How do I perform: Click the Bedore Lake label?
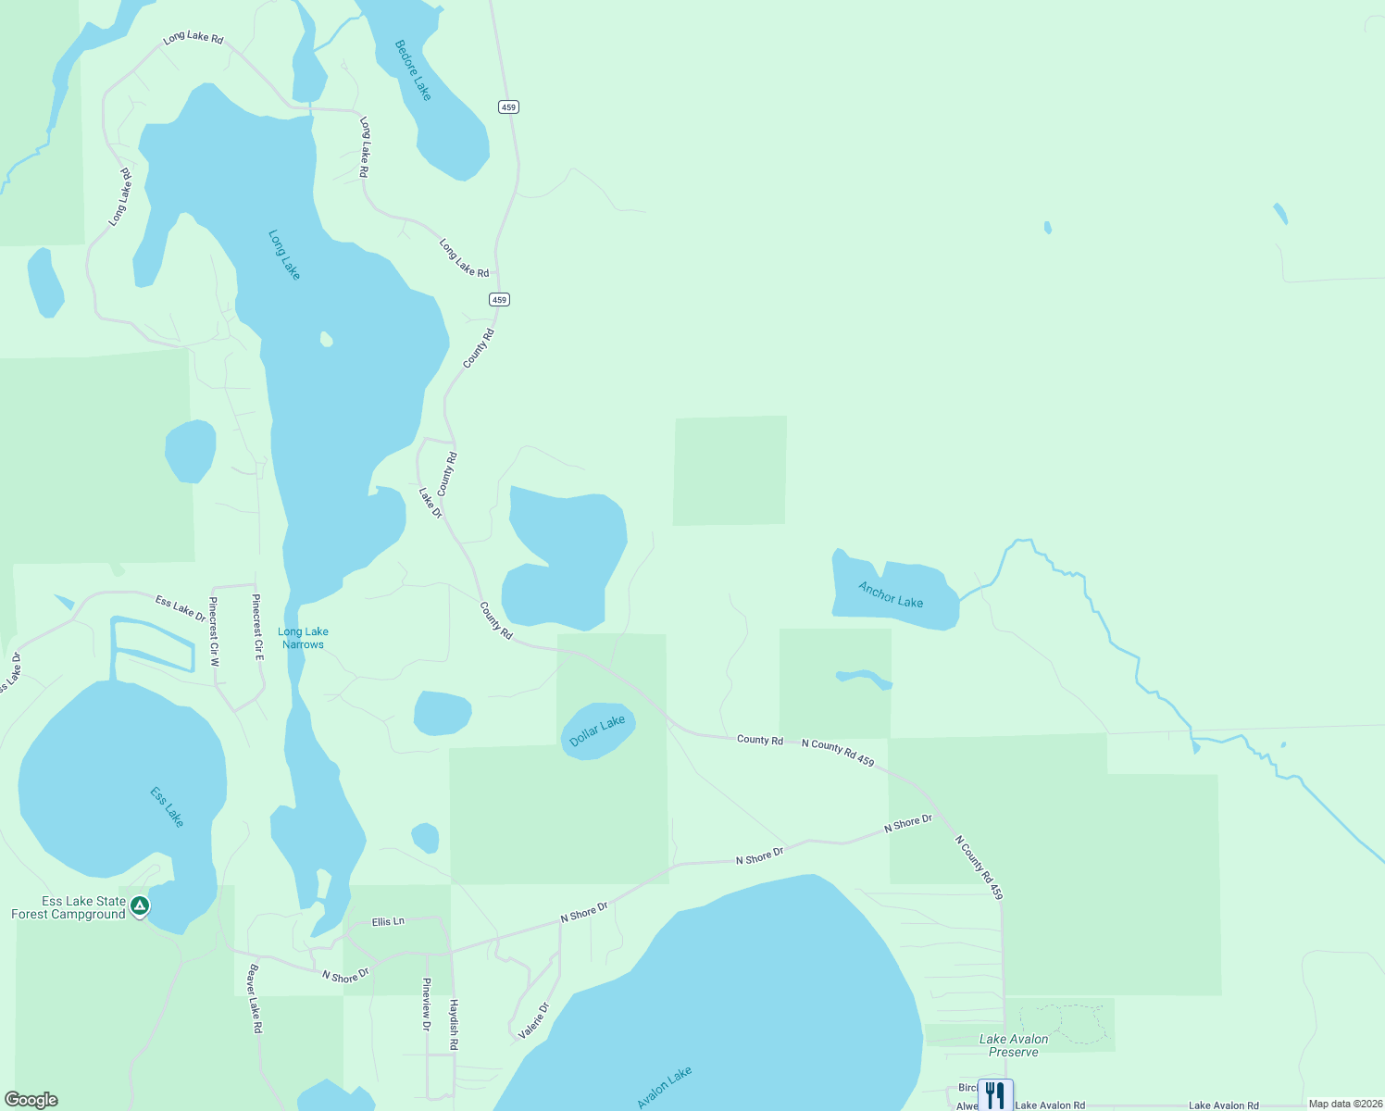[413, 70]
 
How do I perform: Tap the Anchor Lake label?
[891, 594]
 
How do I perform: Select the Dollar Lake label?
[597, 731]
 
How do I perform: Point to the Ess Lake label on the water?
[168, 806]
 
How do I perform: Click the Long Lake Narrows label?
[304, 638]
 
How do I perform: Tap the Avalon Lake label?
[665, 1088]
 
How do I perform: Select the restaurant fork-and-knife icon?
[995, 1095]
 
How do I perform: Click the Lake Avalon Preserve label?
[1014, 1045]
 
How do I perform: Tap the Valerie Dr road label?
[534, 1020]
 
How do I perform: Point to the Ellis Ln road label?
[388, 922]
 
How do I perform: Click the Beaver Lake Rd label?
[255, 999]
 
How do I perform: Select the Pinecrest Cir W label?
[214, 631]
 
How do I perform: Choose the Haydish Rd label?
[454, 1024]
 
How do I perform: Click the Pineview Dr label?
[426, 1005]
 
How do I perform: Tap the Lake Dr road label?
[430, 503]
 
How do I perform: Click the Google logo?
[31, 1100]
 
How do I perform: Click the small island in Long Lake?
[326, 339]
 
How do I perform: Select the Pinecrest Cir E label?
[257, 627]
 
